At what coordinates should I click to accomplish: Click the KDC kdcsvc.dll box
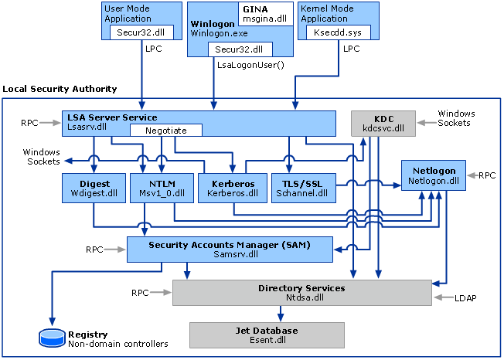[x=383, y=122]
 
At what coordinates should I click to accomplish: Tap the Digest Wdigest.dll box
[x=93, y=188]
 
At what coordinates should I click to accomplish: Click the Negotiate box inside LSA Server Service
[x=165, y=131]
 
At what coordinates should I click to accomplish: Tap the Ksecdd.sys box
[x=339, y=32]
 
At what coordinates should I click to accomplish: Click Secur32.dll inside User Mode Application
[x=136, y=32]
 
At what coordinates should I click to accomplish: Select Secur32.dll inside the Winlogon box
[x=233, y=48]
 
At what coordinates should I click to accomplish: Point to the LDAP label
[x=464, y=297]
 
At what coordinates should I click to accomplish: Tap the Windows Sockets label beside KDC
[x=455, y=118]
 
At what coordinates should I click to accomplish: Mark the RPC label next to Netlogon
[x=486, y=175]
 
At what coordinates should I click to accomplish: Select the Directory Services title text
[x=301, y=287]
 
